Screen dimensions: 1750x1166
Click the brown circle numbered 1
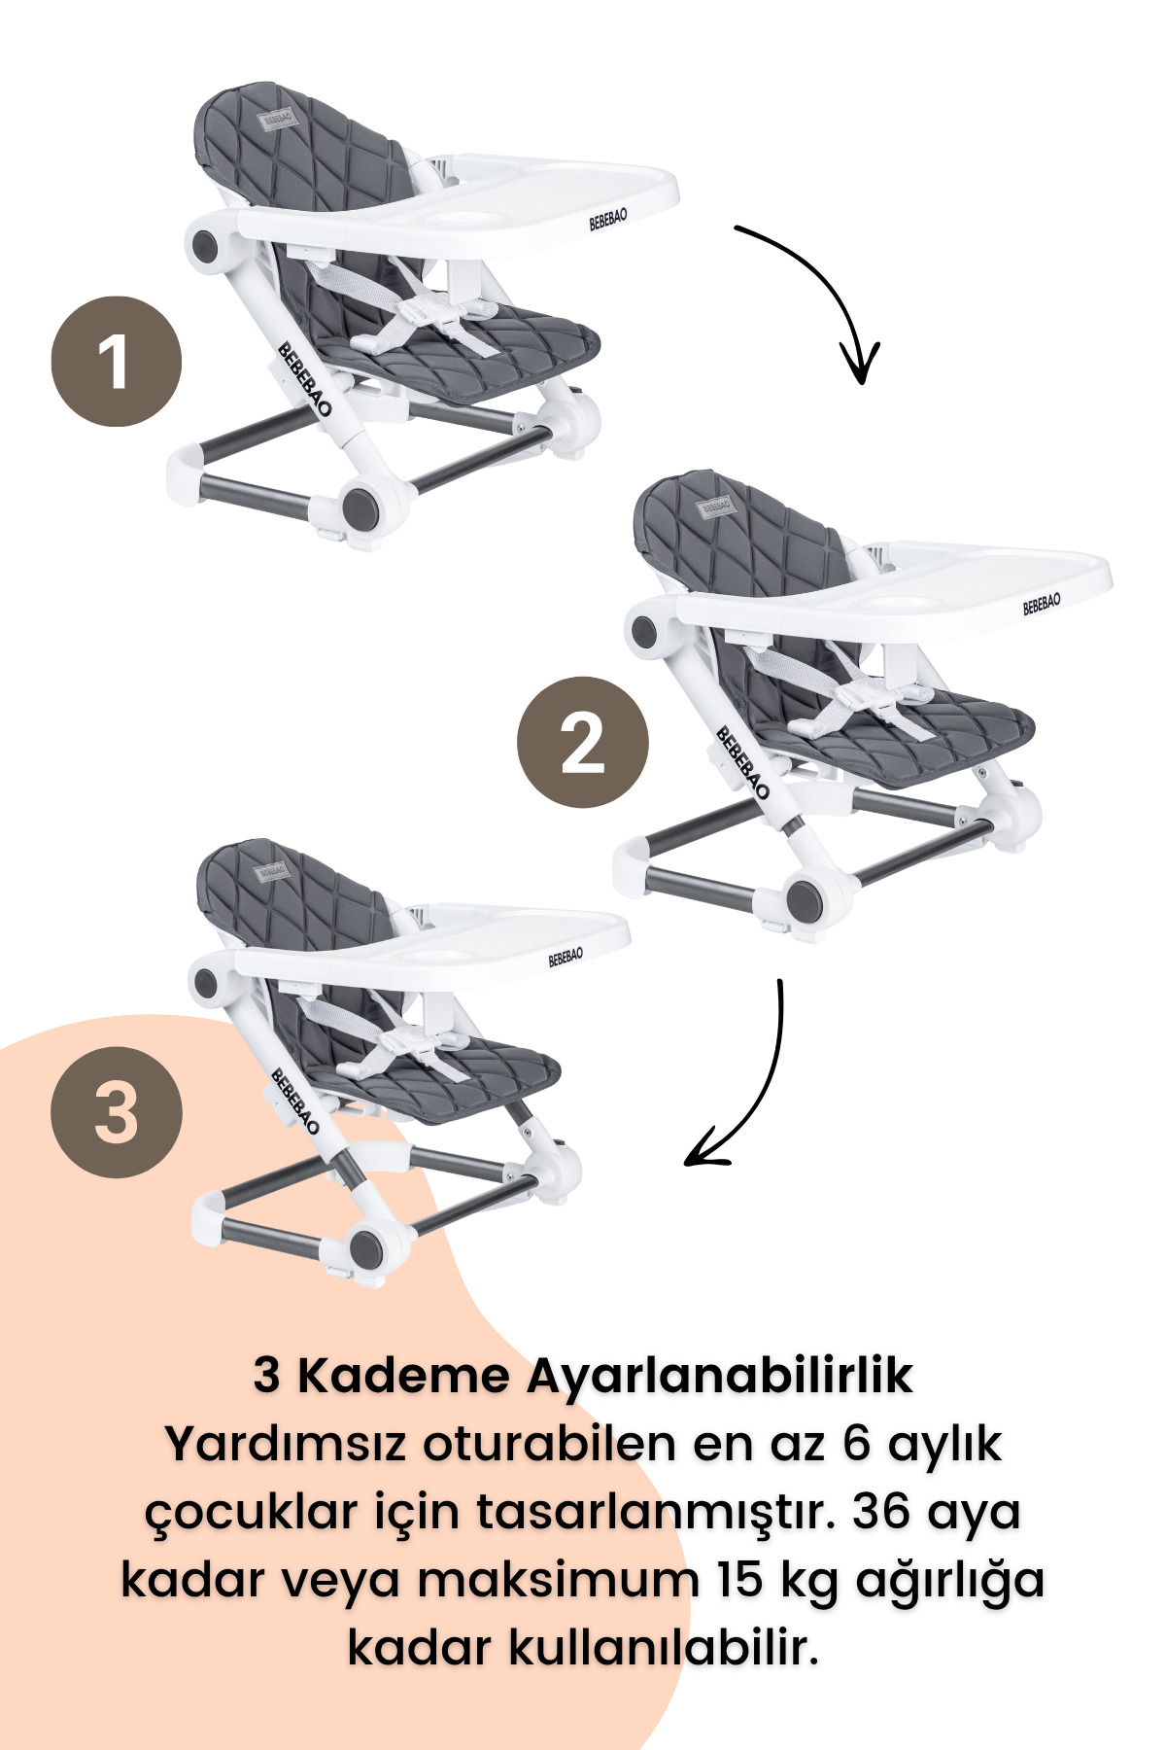pos(116,362)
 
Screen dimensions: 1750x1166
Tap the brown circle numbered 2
pos(582,742)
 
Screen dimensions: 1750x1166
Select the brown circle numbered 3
pos(116,1112)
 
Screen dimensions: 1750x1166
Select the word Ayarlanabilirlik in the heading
pos(719,1376)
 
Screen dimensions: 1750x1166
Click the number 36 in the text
pos(883,1512)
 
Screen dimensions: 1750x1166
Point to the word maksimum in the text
pos(532,1580)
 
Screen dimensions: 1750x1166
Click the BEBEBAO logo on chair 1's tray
pos(608,219)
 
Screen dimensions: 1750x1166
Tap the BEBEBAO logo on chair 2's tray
pos(1042,604)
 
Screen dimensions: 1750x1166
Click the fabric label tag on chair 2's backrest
pos(716,507)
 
